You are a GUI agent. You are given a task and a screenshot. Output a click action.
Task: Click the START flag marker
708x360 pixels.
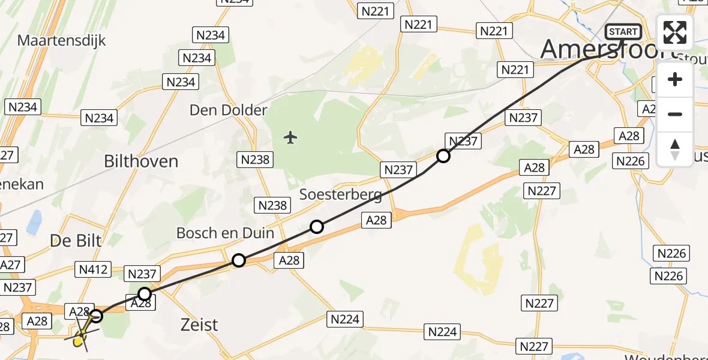623,32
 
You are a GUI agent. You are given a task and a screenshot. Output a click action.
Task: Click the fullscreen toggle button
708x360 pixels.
675,32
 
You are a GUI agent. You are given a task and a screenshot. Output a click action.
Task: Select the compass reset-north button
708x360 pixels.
675,149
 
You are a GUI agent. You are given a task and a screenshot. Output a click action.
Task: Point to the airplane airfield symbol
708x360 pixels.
291,138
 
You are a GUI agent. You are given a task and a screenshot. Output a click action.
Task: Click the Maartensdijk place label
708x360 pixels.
62,41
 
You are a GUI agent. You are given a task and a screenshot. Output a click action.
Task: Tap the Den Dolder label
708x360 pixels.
228,110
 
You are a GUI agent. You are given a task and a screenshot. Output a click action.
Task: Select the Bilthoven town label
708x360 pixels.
141,161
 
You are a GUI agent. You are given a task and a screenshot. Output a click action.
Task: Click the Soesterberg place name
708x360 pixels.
341,194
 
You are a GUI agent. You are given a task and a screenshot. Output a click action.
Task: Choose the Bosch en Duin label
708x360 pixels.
225,233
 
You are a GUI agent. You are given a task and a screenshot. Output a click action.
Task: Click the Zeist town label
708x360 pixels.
199,325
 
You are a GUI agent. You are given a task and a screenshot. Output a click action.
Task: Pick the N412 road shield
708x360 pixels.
94,269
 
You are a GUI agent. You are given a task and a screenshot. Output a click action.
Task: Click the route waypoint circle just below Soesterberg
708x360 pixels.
317,227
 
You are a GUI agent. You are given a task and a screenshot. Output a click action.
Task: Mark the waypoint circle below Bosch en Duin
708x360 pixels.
239,260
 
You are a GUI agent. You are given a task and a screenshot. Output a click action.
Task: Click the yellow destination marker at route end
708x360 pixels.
78,341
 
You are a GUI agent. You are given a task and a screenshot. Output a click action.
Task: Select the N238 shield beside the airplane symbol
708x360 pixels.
256,159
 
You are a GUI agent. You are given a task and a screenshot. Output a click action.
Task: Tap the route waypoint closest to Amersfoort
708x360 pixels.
443,157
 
